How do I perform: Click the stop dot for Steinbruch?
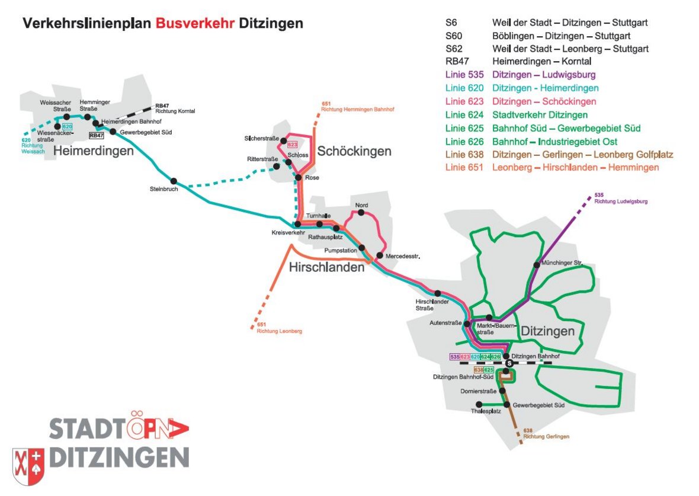coord(174,181)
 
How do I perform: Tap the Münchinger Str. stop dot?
coord(537,264)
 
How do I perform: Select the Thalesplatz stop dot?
coord(479,405)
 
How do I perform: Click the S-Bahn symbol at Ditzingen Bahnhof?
coord(508,363)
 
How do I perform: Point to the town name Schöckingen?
coord(354,151)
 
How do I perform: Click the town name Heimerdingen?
coord(93,152)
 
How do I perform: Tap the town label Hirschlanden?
coord(326,268)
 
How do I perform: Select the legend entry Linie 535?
coord(464,75)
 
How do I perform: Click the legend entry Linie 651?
coord(464,167)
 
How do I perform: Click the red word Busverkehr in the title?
coord(195,24)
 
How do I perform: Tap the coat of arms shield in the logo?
coord(28,466)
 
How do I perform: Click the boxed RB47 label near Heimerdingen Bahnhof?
coord(96,136)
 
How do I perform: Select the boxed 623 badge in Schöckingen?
coord(292,145)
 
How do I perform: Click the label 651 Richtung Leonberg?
coord(278,328)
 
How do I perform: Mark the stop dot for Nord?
coord(360,212)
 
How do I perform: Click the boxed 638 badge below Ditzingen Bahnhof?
coord(479,370)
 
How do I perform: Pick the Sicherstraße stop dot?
coord(283,140)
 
